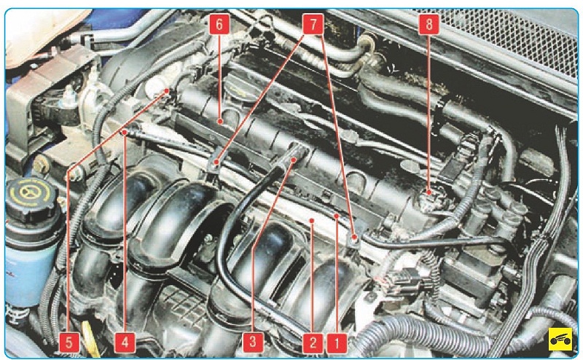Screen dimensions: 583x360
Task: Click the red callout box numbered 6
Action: tap(219, 25)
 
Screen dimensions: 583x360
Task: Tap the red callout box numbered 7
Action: tap(313, 25)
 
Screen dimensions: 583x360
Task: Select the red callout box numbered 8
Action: tap(429, 25)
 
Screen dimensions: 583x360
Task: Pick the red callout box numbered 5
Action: tap(69, 343)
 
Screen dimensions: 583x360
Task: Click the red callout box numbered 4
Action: tap(125, 343)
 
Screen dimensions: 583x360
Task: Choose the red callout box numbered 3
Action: tap(253, 343)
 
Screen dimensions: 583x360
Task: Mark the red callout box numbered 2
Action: tap(313, 343)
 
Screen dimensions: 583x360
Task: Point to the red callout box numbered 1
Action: tap(337, 343)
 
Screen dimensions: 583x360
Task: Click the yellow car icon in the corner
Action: tap(560, 339)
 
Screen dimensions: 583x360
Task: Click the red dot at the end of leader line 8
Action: tap(429, 192)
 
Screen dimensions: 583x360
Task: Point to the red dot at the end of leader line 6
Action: tap(220, 121)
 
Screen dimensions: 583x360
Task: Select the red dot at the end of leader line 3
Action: tap(294, 160)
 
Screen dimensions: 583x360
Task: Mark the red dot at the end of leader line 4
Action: tap(125, 132)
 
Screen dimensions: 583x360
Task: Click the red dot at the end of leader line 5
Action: tap(167, 91)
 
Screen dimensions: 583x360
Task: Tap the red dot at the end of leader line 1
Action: tap(337, 215)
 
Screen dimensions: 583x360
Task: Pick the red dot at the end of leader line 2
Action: tap(312, 221)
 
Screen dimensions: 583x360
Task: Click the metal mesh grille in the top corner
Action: tap(513, 37)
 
